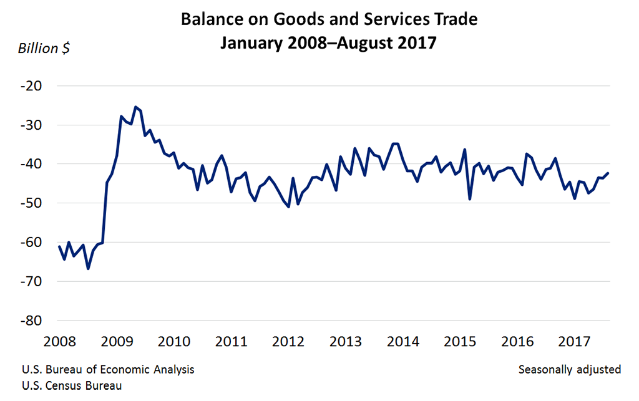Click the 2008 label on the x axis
(x=60, y=342)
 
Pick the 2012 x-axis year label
(x=288, y=342)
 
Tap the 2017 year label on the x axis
(x=574, y=342)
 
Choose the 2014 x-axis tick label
(x=403, y=342)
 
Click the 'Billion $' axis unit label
(x=44, y=49)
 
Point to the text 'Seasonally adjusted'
(x=569, y=369)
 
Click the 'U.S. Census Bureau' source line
(x=72, y=385)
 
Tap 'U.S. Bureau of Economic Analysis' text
(x=108, y=369)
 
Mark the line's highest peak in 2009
(x=136, y=107)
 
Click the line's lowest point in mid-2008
(x=88, y=268)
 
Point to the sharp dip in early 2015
(x=469, y=199)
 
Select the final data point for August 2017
(x=608, y=173)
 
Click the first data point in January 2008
(x=59, y=247)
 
